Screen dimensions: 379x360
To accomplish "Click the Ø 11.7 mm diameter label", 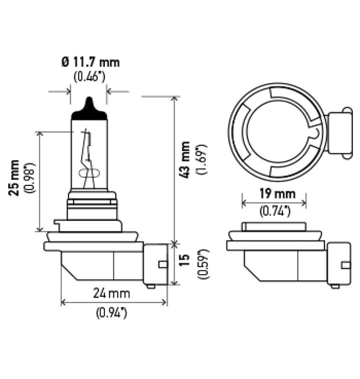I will pyautogui.click(x=90, y=62).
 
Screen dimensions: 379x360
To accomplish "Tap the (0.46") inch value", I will pyautogui.click(x=89, y=76).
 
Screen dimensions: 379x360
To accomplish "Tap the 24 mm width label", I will pyautogui.click(x=111, y=294).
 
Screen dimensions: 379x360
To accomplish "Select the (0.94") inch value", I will pyautogui.click(x=112, y=312).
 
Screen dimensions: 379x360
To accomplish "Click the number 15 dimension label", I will pyautogui.click(x=186, y=259).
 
